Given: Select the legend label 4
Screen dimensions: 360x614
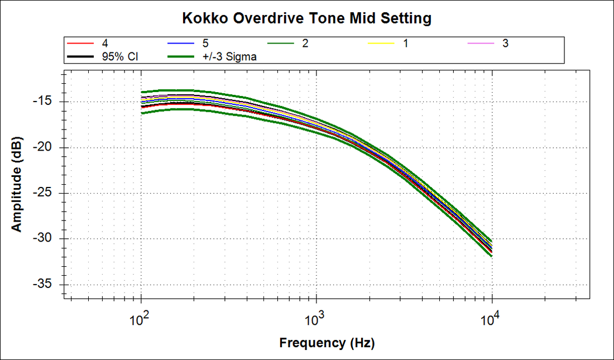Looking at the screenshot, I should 105,43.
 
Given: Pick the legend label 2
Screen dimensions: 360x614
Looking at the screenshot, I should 305,43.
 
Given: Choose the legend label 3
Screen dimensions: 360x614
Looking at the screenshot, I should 505,43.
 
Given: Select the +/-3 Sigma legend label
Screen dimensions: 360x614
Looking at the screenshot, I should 229,56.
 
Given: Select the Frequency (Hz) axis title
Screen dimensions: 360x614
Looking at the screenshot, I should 327,343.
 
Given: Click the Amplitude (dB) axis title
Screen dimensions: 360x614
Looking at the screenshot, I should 17,184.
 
